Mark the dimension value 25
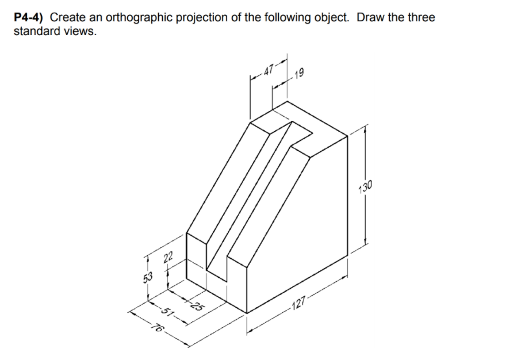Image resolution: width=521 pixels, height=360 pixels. click(x=196, y=305)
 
